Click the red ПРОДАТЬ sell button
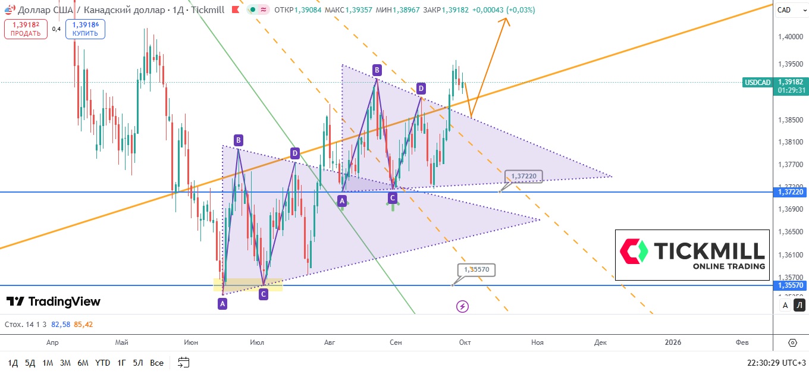click(x=26, y=29)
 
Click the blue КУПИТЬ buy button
click(x=85, y=29)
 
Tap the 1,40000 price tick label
click(x=791, y=37)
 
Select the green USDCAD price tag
click(x=758, y=82)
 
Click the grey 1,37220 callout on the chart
click(x=523, y=176)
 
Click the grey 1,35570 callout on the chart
click(x=476, y=270)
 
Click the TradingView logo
click(x=54, y=301)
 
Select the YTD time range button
click(x=103, y=363)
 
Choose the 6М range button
click(x=83, y=363)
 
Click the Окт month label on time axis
click(x=465, y=342)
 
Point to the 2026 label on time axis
click(x=673, y=342)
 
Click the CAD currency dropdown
click(x=788, y=10)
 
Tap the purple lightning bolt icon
click(x=462, y=306)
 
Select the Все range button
click(x=156, y=363)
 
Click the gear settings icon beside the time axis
click(x=792, y=342)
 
